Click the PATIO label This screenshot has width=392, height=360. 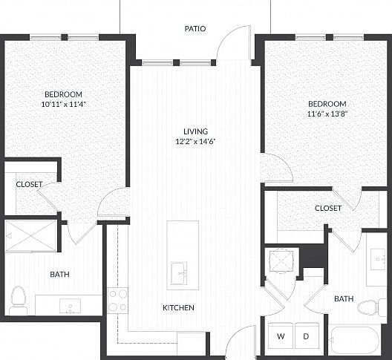(195, 29)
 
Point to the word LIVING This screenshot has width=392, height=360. (195, 131)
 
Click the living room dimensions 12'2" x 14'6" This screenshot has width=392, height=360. (195, 141)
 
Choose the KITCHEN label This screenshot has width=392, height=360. (178, 307)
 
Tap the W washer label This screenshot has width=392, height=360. (281, 336)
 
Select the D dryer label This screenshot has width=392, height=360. (305, 336)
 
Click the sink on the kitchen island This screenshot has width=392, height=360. (178, 273)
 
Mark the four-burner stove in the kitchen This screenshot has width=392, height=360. (118, 300)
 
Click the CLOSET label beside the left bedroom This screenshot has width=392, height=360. (29, 184)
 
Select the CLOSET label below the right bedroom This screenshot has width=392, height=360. (327, 209)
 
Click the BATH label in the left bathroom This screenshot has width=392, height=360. (59, 275)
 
